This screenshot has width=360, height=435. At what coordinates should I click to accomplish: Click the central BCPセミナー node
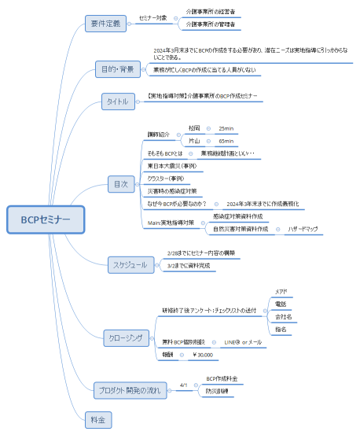tap(46, 219)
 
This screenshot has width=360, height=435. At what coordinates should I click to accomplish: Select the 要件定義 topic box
tap(105, 24)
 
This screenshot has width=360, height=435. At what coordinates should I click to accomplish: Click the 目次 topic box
tap(119, 184)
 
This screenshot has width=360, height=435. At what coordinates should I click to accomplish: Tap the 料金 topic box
tap(98, 420)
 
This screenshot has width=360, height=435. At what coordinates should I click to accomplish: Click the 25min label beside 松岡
tap(226, 128)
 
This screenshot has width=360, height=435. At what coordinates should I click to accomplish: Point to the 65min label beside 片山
tap(226, 141)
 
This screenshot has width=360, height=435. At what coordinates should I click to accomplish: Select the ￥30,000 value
tap(202, 355)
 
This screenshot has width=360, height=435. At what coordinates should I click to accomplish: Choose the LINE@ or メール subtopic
tap(243, 342)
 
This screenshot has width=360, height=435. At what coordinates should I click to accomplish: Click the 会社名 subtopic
tap(284, 316)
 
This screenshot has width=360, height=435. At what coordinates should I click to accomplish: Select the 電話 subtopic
tap(281, 304)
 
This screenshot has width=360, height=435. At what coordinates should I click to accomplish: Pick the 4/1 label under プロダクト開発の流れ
tap(184, 385)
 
